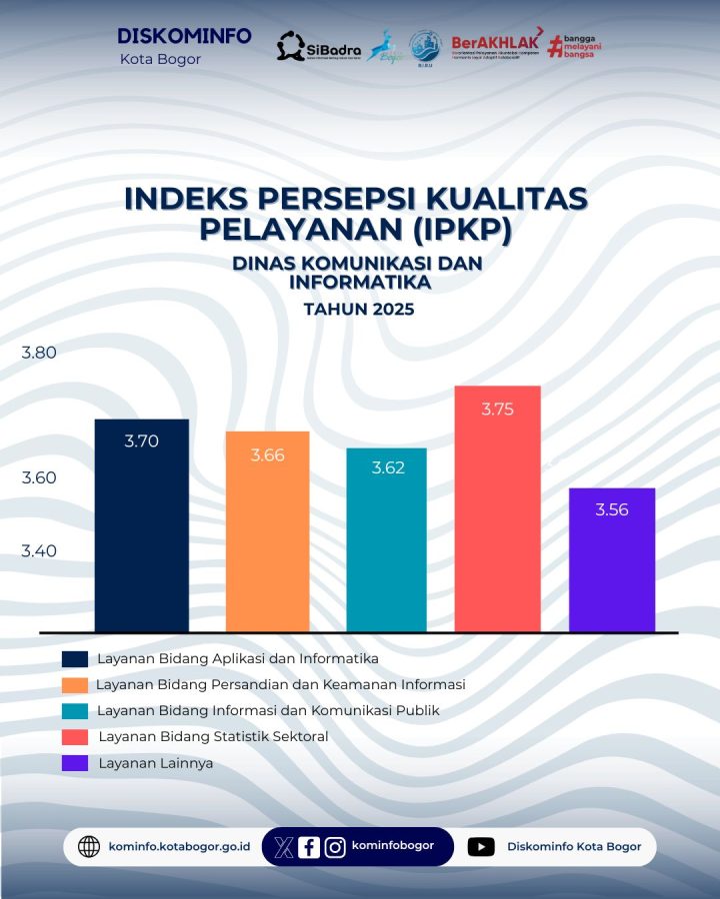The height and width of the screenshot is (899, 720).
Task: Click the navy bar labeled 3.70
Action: (x=141, y=525)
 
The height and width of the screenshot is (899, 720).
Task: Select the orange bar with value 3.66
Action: (x=267, y=531)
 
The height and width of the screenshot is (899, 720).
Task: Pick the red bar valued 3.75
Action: (x=497, y=508)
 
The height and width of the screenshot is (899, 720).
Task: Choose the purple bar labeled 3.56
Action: (x=611, y=559)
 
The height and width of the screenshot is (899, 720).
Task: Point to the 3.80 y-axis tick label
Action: (x=39, y=353)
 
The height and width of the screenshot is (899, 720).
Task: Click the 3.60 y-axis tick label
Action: (x=39, y=477)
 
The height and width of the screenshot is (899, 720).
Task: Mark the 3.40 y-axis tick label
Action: (x=39, y=550)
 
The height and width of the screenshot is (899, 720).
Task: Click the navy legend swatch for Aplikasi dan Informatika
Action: (x=75, y=659)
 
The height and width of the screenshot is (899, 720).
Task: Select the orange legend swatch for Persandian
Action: (x=75, y=685)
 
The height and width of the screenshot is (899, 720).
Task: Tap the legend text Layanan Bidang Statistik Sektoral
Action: (x=213, y=737)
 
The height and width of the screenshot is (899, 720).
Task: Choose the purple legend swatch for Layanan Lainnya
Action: (x=75, y=763)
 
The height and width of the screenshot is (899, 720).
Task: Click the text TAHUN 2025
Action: (x=358, y=310)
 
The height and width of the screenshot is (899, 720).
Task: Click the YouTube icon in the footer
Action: (x=481, y=847)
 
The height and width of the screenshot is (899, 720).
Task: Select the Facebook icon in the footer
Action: (x=309, y=847)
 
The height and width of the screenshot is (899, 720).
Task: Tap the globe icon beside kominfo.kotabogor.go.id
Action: (x=89, y=847)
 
